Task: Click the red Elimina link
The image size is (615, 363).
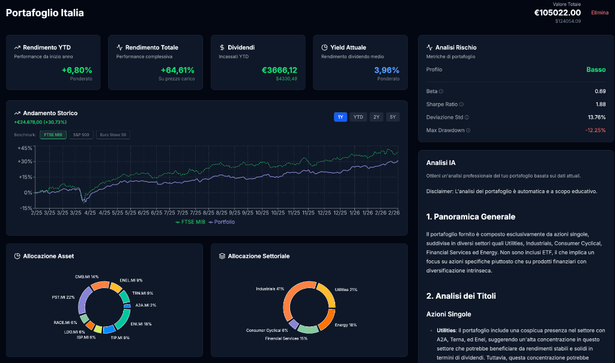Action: [x=599, y=13]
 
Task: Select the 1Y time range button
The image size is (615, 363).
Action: [x=341, y=117]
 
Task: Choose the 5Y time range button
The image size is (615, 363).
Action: [x=392, y=117]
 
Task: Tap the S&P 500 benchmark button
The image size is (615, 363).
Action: [x=81, y=134]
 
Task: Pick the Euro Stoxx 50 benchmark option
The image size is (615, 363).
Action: [x=113, y=134]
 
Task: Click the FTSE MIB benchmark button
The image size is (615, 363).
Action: [x=52, y=134]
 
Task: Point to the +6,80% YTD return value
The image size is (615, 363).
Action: [x=77, y=70]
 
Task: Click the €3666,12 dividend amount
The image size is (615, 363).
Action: [x=279, y=70]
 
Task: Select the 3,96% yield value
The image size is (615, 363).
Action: [x=387, y=70]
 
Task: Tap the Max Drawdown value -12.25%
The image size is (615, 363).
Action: [x=595, y=130]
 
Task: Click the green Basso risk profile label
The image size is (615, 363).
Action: [x=596, y=70]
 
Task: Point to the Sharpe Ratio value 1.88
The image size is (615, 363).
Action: [x=600, y=104]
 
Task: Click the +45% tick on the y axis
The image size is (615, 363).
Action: [x=25, y=148]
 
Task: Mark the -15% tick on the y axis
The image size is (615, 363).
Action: [x=25, y=208]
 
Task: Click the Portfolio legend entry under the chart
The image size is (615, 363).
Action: [x=222, y=222]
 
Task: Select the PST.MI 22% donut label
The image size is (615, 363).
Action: [x=63, y=297]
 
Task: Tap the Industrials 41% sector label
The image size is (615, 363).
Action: [x=270, y=289]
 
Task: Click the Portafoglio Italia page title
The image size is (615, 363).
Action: [x=45, y=13]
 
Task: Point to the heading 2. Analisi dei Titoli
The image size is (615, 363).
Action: [x=461, y=296]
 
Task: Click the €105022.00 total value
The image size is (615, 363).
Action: [x=557, y=13]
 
